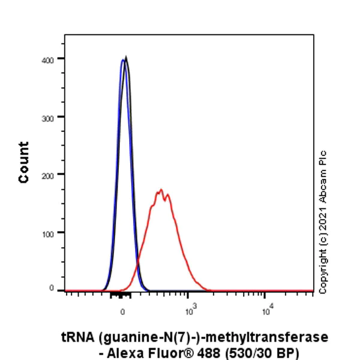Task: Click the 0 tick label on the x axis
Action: (x=122, y=311)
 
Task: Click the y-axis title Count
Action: (x=24, y=162)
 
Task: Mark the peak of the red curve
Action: (x=160, y=191)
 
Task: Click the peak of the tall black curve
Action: (x=125, y=58)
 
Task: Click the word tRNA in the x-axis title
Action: (x=76, y=338)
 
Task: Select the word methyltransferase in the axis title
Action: (x=267, y=338)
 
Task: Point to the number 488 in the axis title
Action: (x=200, y=353)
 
